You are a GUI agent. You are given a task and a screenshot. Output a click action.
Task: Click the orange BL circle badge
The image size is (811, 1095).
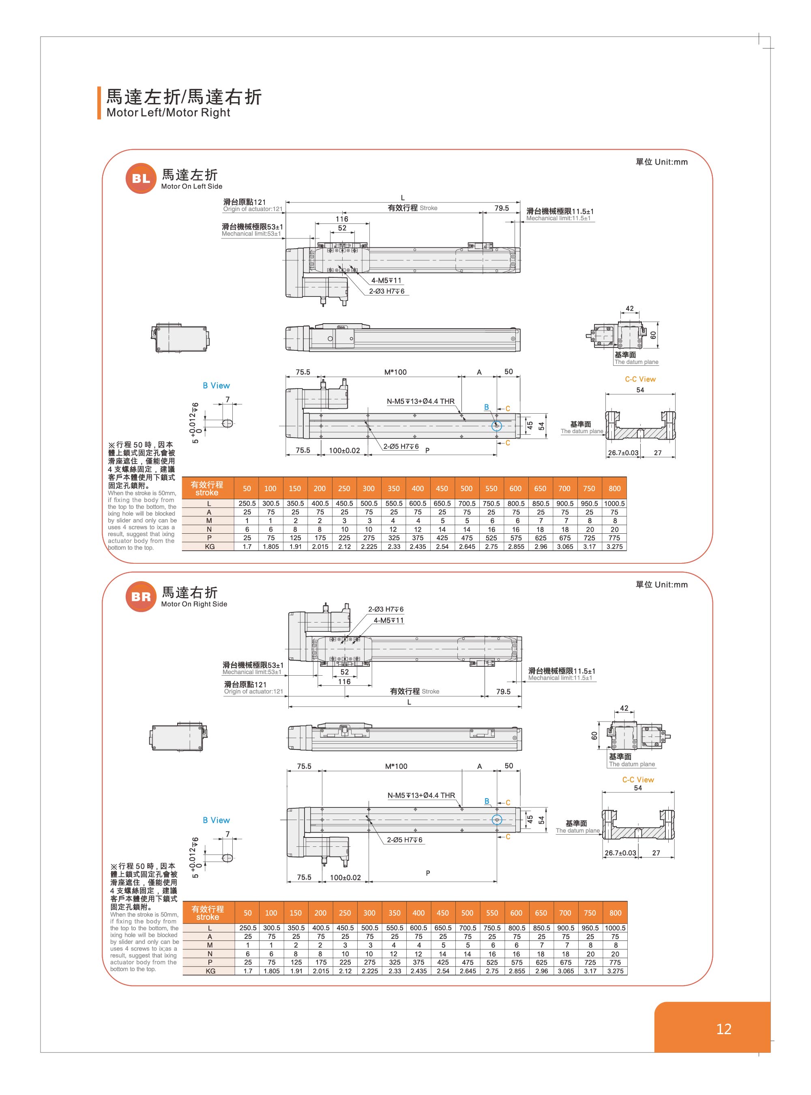click(141, 178)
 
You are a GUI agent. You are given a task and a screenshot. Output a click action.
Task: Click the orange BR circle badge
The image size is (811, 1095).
click(141, 597)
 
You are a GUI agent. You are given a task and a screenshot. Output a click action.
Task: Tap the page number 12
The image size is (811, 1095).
click(724, 1029)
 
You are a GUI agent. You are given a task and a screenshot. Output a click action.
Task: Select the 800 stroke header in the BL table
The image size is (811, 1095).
click(615, 489)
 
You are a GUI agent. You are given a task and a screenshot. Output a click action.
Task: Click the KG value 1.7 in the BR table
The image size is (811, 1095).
click(247, 971)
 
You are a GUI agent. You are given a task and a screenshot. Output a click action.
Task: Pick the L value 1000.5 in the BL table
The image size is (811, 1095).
click(615, 503)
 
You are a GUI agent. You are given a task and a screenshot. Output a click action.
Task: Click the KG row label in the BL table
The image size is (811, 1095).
click(209, 547)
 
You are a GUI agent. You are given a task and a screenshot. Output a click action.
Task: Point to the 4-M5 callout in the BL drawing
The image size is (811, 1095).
click(386, 280)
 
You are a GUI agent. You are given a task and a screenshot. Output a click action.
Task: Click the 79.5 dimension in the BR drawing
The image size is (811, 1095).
click(503, 691)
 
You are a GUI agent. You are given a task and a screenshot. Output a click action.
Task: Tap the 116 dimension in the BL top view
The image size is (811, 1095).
click(342, 219)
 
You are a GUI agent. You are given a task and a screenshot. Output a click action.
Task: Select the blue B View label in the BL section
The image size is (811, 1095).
click(216, 385)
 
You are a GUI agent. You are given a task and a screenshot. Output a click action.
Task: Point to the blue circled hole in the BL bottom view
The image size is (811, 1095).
click(497, 426)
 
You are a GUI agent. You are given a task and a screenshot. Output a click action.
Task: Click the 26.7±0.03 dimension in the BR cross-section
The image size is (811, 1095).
click(620, 853)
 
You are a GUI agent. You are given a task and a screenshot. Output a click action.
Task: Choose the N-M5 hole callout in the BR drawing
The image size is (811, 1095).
click(421, 795)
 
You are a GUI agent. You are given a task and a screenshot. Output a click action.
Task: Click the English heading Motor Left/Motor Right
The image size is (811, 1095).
click(168, 112)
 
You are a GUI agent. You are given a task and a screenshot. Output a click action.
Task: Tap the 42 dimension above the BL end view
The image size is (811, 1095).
click(629, 308)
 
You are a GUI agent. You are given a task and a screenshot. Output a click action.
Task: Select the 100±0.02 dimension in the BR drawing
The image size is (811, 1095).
click(345, 878)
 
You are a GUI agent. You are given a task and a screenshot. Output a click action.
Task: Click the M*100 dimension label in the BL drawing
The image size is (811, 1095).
click(395, 372)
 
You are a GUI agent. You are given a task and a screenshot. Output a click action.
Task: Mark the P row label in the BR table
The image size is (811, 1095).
click(210, 962)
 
